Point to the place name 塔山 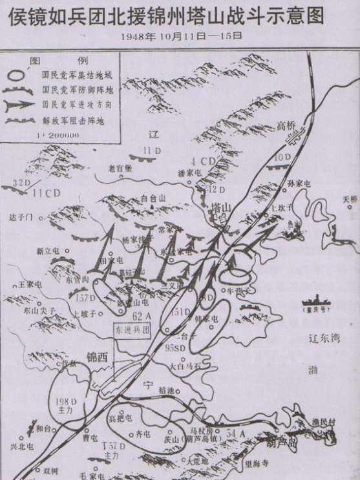[220, 208]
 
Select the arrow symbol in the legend [21, 104]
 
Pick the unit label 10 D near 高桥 [282, 158]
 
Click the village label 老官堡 [120, 169]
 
